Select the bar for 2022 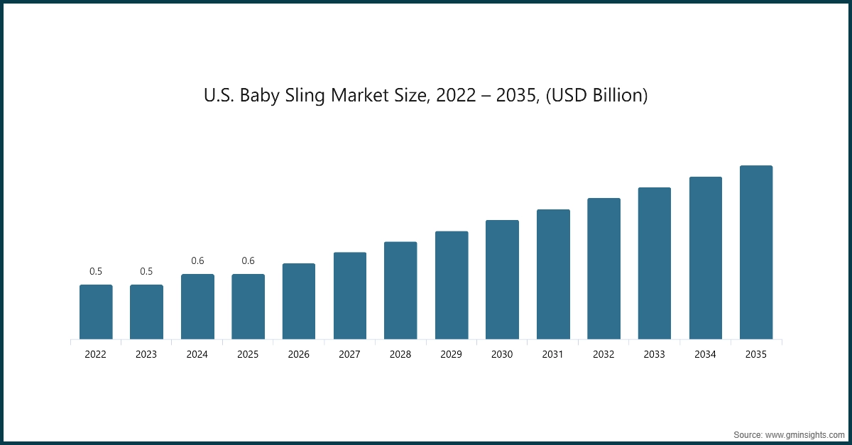pos(96,312)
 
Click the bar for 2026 pos(299,301)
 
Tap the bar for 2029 pos(452,285)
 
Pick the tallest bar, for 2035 pos(756,252)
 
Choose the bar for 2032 pos(603,268)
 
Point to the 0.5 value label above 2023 pos(146,271)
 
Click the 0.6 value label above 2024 pos(197,260)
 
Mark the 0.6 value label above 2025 pos(248,260)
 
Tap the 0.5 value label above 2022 pos(96,271)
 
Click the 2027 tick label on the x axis pos(350,354)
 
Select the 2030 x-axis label pos(502,354)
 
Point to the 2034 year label pos(705,354)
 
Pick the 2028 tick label pos(400,354)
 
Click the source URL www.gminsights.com pos(805,434)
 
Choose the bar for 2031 pos(553,274)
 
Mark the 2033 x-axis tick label pos(654,354)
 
